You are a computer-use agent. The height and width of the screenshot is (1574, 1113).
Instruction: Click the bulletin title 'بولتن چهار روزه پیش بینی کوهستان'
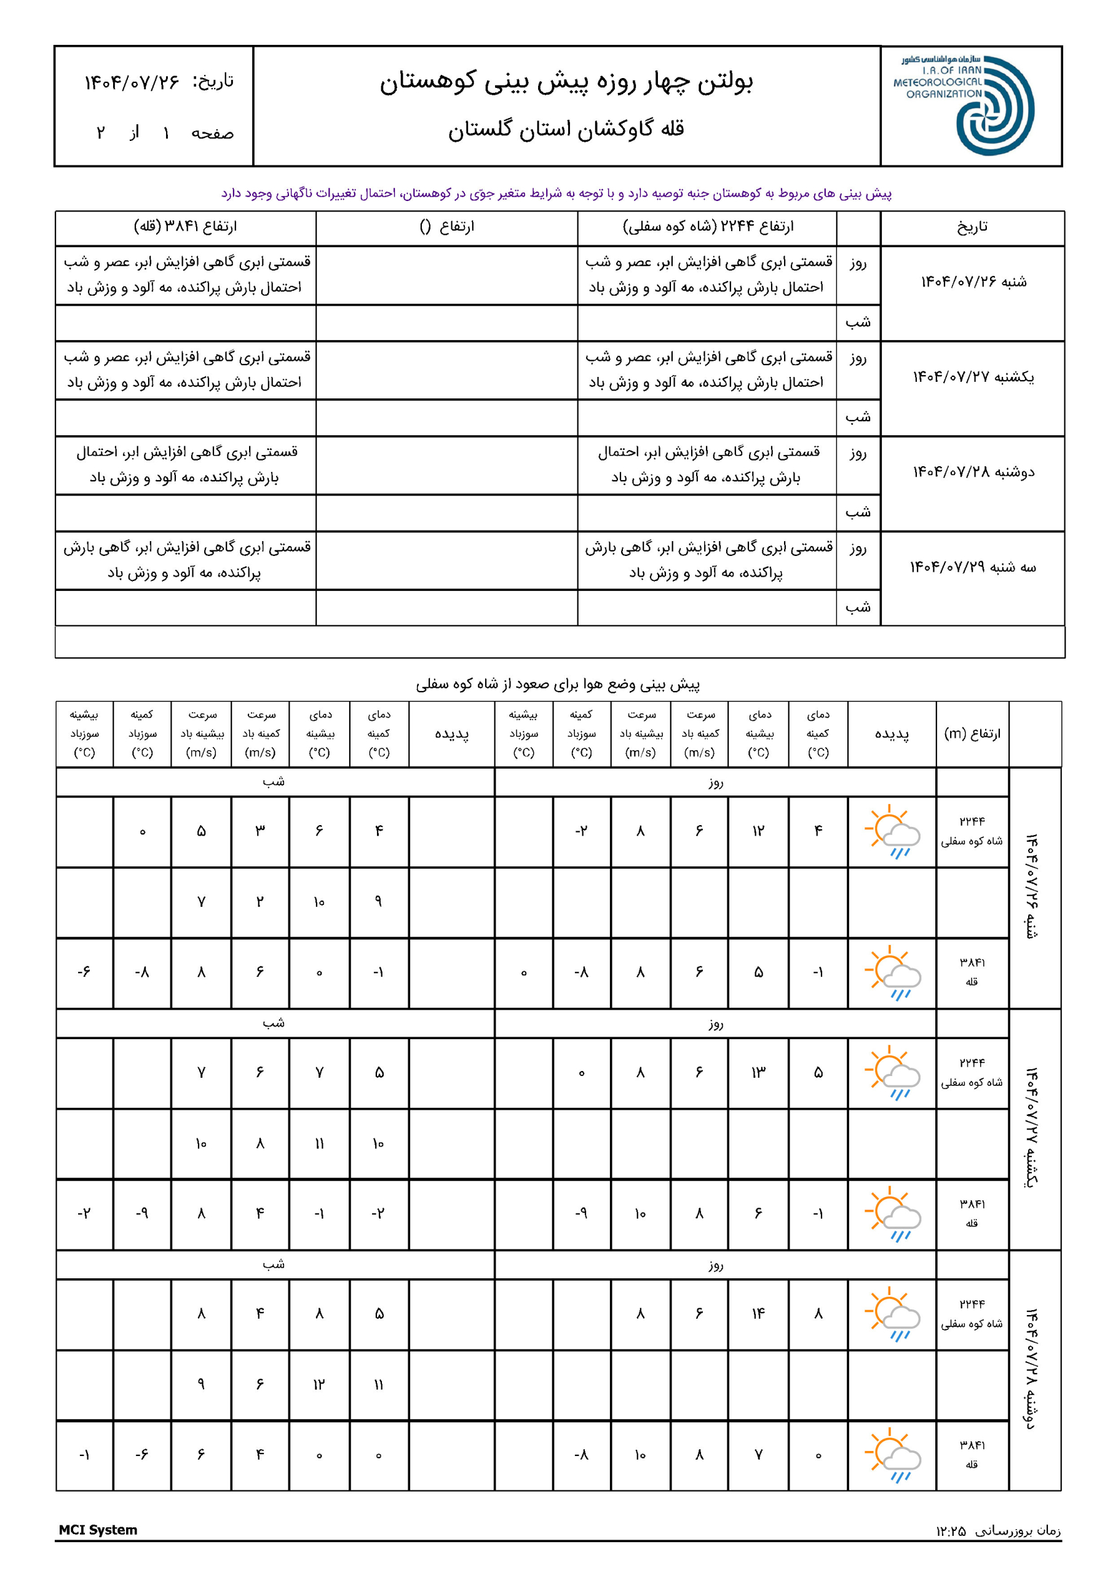566,82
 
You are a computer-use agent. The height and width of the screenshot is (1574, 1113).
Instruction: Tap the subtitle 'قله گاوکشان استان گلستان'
566,129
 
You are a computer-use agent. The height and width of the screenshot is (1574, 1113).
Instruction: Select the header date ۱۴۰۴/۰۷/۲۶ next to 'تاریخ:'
132,82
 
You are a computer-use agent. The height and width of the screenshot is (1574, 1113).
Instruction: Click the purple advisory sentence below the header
556,193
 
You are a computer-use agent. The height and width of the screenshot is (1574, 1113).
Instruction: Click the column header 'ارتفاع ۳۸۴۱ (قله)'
185,226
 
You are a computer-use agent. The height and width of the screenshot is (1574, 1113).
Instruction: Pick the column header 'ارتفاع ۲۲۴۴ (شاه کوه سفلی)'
708,226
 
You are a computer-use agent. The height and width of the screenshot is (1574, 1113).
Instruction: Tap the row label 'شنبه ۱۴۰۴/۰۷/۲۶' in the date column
973,282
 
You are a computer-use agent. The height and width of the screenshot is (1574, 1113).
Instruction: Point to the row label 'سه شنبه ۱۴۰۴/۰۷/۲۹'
973,567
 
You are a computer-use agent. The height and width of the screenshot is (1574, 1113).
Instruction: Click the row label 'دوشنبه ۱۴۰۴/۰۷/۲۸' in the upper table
973,472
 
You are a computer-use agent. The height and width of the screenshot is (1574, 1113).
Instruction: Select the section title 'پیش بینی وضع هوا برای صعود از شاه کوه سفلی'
558,684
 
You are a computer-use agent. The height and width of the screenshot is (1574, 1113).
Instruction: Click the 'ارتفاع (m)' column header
972,734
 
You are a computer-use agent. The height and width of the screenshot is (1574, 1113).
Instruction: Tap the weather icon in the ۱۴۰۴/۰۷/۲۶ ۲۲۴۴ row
892,831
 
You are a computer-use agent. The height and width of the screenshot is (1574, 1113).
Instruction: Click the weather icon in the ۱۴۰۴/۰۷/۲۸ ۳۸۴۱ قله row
892,1455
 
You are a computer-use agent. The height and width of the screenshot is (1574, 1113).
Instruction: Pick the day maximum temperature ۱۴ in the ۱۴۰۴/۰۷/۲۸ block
758,1313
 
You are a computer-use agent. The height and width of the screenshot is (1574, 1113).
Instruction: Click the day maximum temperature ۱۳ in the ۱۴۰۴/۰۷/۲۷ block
758,1072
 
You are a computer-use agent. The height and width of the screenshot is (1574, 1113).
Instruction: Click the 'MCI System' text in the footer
98,1530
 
